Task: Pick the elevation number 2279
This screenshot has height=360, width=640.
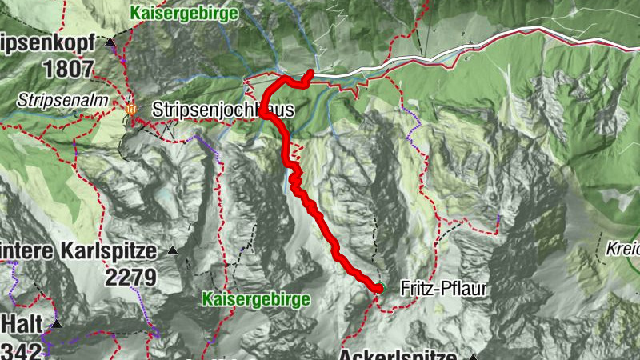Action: (x=130, y=278)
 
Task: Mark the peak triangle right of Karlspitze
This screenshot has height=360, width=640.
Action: (x=172, y=251)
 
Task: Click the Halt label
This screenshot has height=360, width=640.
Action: (x=22, y=324)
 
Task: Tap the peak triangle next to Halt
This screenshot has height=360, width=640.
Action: (x=56, y=324)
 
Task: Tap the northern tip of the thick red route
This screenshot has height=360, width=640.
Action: (x=310, y=73)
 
